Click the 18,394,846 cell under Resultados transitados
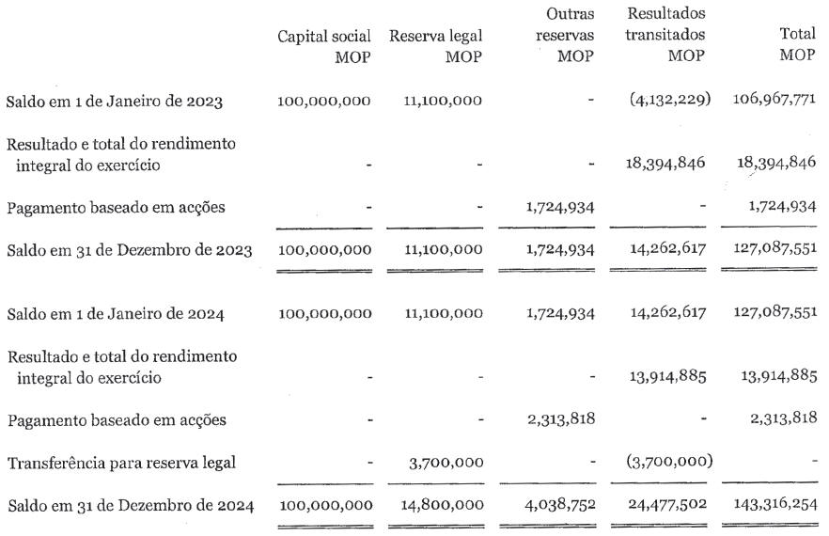pos(665,163)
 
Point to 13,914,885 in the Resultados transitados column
pos(665,376)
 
